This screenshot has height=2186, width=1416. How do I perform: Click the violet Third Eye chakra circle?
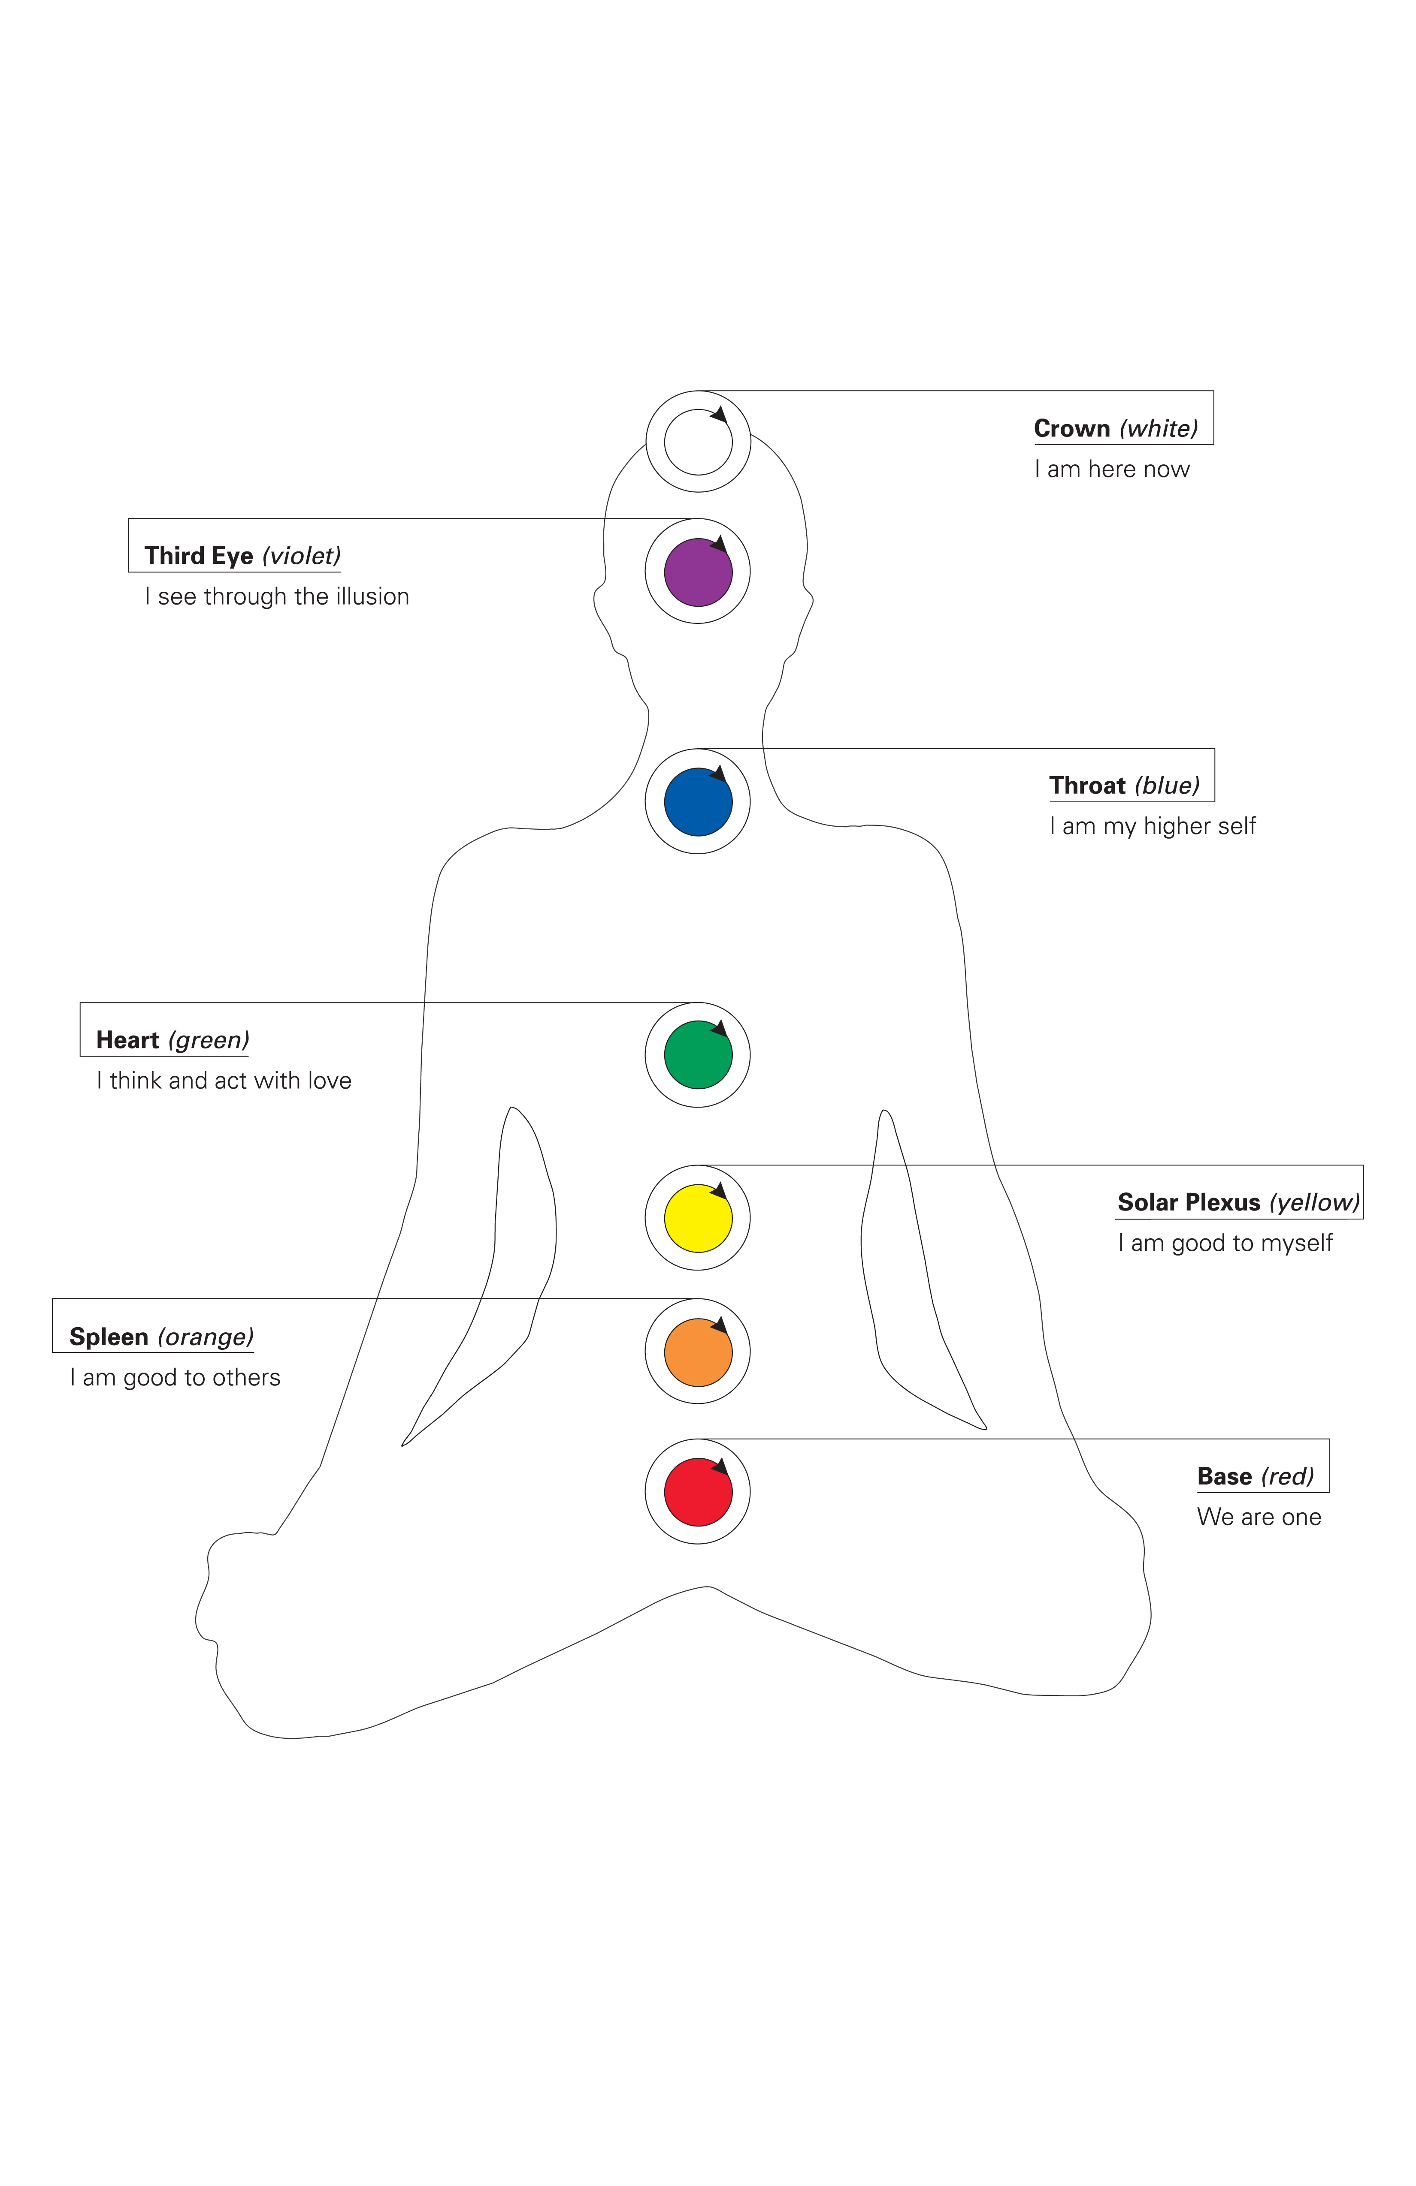click(697, 571)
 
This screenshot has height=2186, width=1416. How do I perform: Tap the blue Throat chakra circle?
click(697, 801)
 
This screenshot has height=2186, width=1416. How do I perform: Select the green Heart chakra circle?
click(697, 1054)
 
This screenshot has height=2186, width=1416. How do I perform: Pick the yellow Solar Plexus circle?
click(697, 1218)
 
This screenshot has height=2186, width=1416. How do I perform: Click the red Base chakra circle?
click(697, 1492)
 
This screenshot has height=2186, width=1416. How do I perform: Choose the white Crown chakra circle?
click(697, 442)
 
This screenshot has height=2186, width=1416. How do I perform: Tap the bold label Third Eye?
click(199, 556)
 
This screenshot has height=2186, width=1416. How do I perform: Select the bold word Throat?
click(1087, 785)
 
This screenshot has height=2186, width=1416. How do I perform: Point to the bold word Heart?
click(128, 1040)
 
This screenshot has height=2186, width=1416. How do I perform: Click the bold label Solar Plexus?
click(1188, 1202)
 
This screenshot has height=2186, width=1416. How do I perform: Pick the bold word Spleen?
click(109, 1337)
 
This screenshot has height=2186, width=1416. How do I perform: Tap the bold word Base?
click(1224, 1476)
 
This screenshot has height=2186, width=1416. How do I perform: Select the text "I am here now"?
click(1111, 470)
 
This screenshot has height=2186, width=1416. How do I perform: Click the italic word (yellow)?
click(1314, 1202)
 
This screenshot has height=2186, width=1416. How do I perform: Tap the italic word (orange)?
click(206, 1337)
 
